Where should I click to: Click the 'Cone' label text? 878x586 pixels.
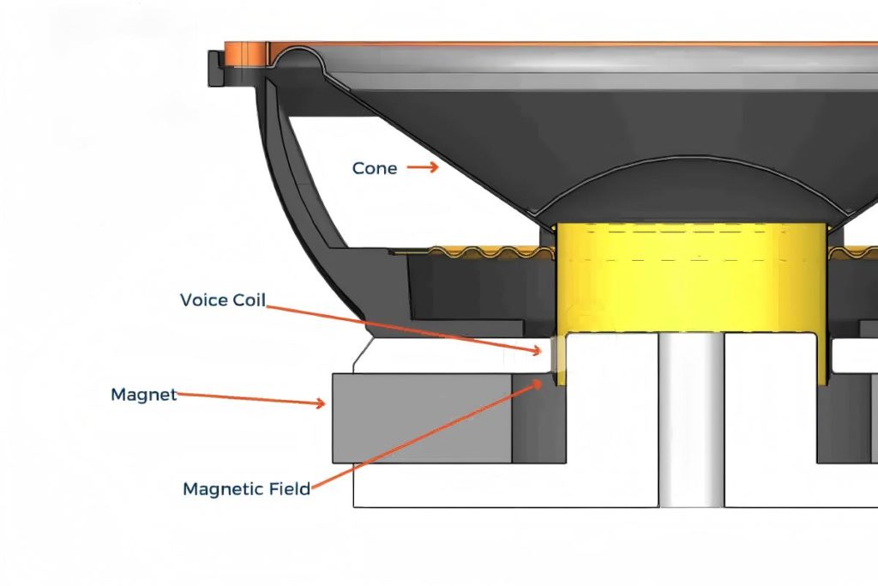pos(375,168)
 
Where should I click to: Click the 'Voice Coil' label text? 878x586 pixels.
pos(222,300)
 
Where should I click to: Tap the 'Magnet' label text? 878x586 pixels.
pos(143,395)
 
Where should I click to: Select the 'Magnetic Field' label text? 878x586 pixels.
pos(246,489)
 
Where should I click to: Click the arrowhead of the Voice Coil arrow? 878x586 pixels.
pos(539,350)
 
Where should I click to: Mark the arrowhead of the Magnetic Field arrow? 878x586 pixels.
pos(539,383)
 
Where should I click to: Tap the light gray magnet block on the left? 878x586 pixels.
pos(420,418)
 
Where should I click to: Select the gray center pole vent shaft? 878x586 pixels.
pos(692,420)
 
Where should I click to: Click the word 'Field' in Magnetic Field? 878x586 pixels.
pos(287,489)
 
